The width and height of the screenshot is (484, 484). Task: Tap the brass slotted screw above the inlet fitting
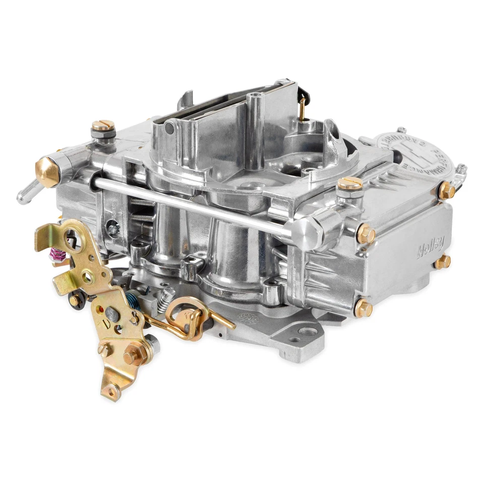103,126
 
